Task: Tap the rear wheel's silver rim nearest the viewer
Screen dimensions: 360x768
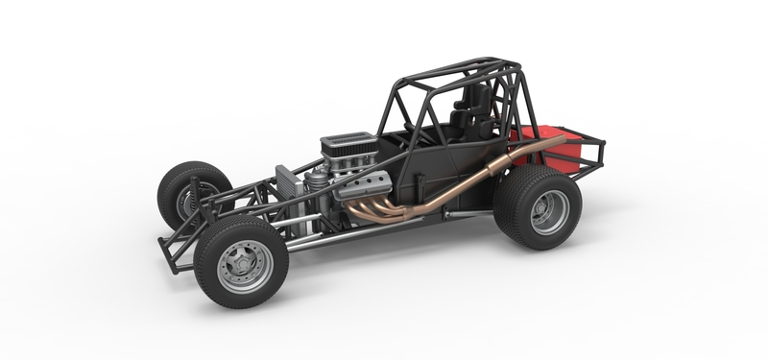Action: [x=549, y=211]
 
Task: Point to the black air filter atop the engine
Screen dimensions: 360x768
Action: [x=349, y=147]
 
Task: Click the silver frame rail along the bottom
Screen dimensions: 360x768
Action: [x=346, y=235]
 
